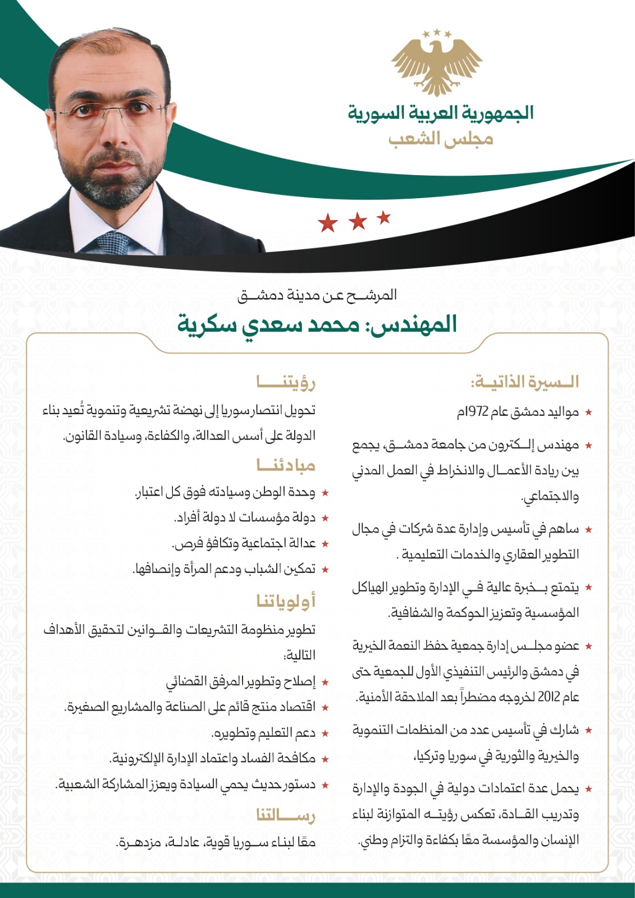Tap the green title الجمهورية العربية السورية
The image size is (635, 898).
[440, 113]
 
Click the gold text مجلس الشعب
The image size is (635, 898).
[441, 138]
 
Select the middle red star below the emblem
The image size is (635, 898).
[358, 221]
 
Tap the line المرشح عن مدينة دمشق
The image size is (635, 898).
[317, 295]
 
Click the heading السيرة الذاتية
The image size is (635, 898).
[524, 382]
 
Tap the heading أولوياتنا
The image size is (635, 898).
[286, 601]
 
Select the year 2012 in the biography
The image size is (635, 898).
[551, 697]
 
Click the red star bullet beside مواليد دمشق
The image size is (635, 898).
[588, 413]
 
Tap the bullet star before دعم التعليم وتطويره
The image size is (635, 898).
[325, 734]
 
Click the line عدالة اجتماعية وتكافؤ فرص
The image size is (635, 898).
[244, 543]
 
